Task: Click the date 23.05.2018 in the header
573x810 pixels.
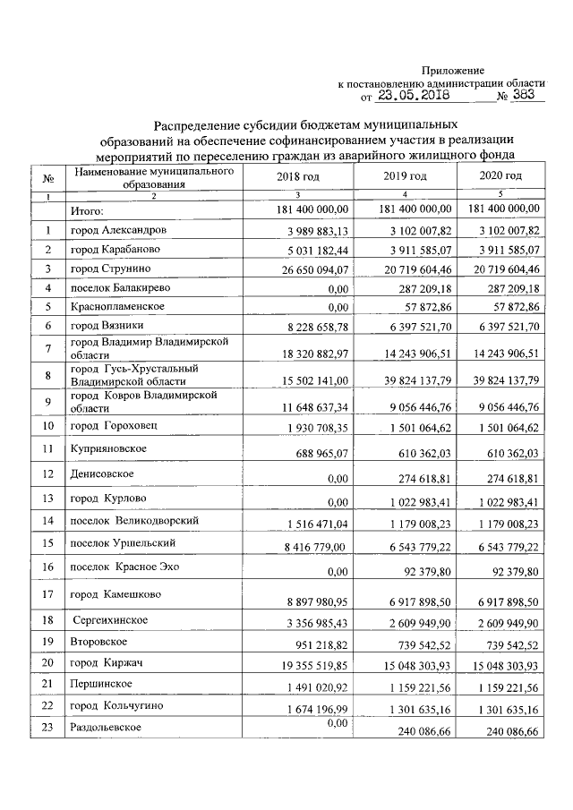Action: (x=413, y=97)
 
